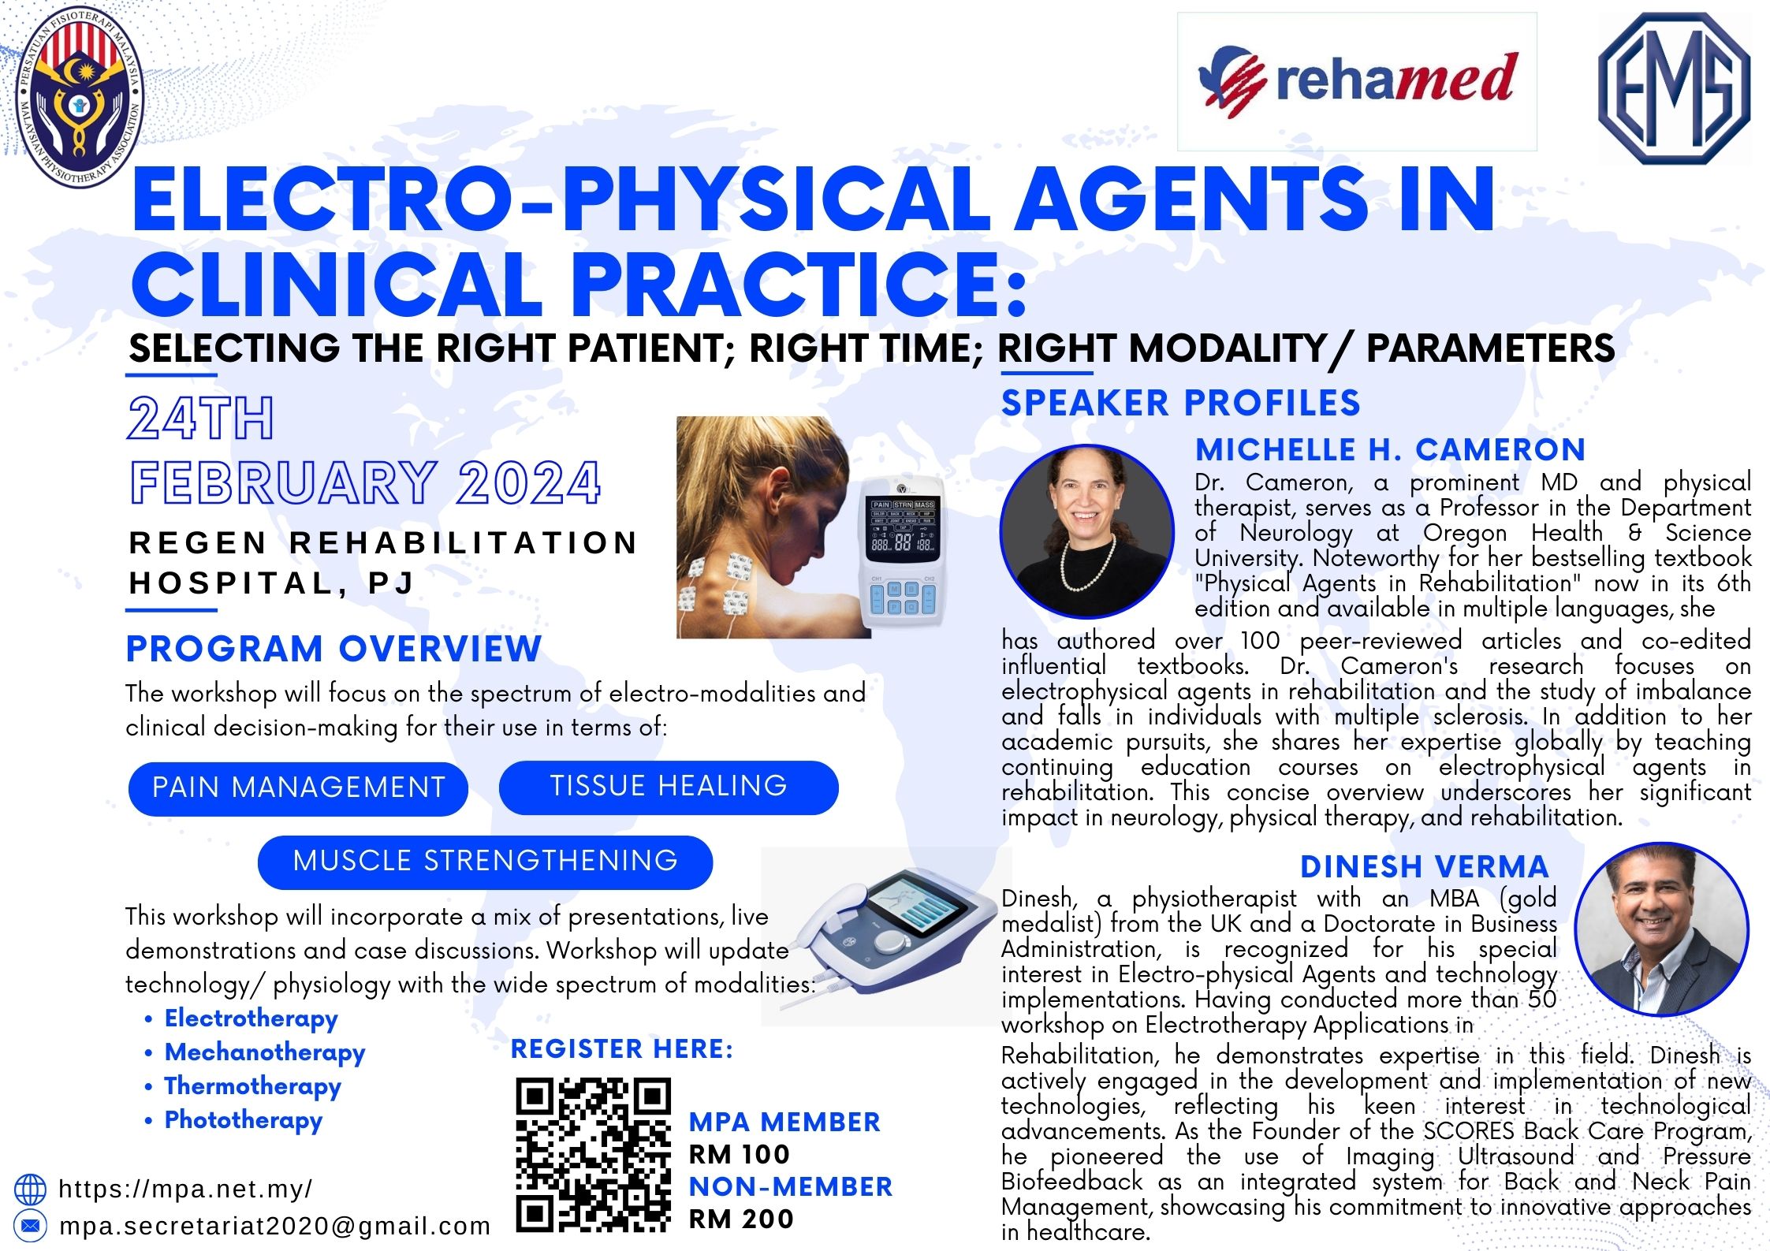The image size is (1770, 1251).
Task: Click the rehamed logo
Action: tap(1356, 82)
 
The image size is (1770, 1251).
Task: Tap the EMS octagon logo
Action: tap(1674, 88)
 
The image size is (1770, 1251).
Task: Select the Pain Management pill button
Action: tap(298, 787)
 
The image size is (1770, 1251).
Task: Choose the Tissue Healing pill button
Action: tap(669, 787)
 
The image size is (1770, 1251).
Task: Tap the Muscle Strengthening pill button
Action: tap(485, 862)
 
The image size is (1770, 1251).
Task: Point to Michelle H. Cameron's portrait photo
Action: tap(1087, 531)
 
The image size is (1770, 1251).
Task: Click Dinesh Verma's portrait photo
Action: tap(1661, 929)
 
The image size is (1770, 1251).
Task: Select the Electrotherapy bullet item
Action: tap(251, 1018)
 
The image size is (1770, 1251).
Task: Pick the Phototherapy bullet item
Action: tap(243, 1120)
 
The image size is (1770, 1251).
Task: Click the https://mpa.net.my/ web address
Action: tap(185, 1189)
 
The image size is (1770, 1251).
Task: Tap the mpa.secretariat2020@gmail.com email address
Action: tap(275, 1227)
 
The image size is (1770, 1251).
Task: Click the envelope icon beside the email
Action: tap(30, 1226)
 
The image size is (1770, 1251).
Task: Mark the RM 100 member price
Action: tap(740, 1155)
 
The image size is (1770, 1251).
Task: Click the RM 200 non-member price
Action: tap(741, 1219)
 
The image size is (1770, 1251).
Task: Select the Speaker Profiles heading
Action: tap(1181, 404)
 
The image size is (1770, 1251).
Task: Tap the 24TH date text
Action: tap(201, 418)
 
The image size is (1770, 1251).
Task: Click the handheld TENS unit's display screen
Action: tap(903, 530)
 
